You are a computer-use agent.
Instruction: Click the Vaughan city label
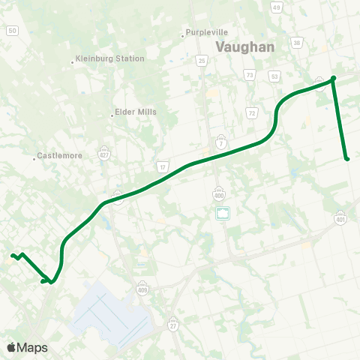245,46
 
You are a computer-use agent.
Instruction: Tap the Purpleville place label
208,33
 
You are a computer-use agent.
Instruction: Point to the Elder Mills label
135,113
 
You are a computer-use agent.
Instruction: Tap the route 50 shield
12,31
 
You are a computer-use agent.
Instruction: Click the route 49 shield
277,7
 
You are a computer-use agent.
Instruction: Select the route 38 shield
297,43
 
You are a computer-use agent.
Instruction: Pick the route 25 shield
201,60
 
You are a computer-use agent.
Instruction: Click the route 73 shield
249,75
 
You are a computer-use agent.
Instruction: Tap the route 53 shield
275,76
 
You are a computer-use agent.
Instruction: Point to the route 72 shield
252,112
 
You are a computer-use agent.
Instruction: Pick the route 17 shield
163,166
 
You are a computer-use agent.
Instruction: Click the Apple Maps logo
27,347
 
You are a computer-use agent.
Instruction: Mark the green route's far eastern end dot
347,158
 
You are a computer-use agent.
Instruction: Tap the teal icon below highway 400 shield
223,213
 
